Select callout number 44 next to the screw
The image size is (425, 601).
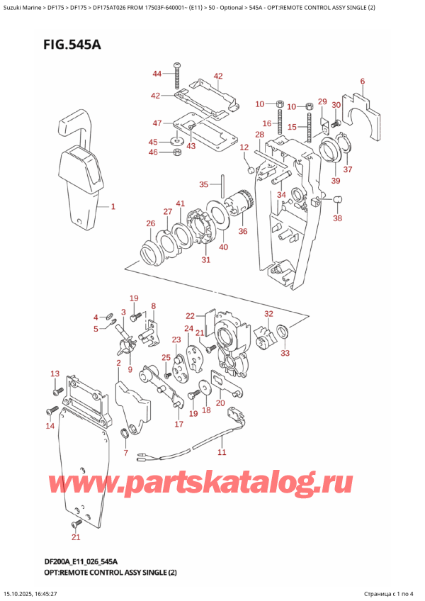(157, 74)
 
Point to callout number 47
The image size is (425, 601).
(157, 123)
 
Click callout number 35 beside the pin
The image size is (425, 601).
(203, 184)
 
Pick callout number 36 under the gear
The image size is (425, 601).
(243, 231)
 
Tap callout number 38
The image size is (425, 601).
(337, 218)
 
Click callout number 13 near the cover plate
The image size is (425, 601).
(55, 373)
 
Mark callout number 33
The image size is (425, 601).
(285, 352)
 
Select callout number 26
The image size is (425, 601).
(150, 224)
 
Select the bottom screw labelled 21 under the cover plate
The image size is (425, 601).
(76, 524)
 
